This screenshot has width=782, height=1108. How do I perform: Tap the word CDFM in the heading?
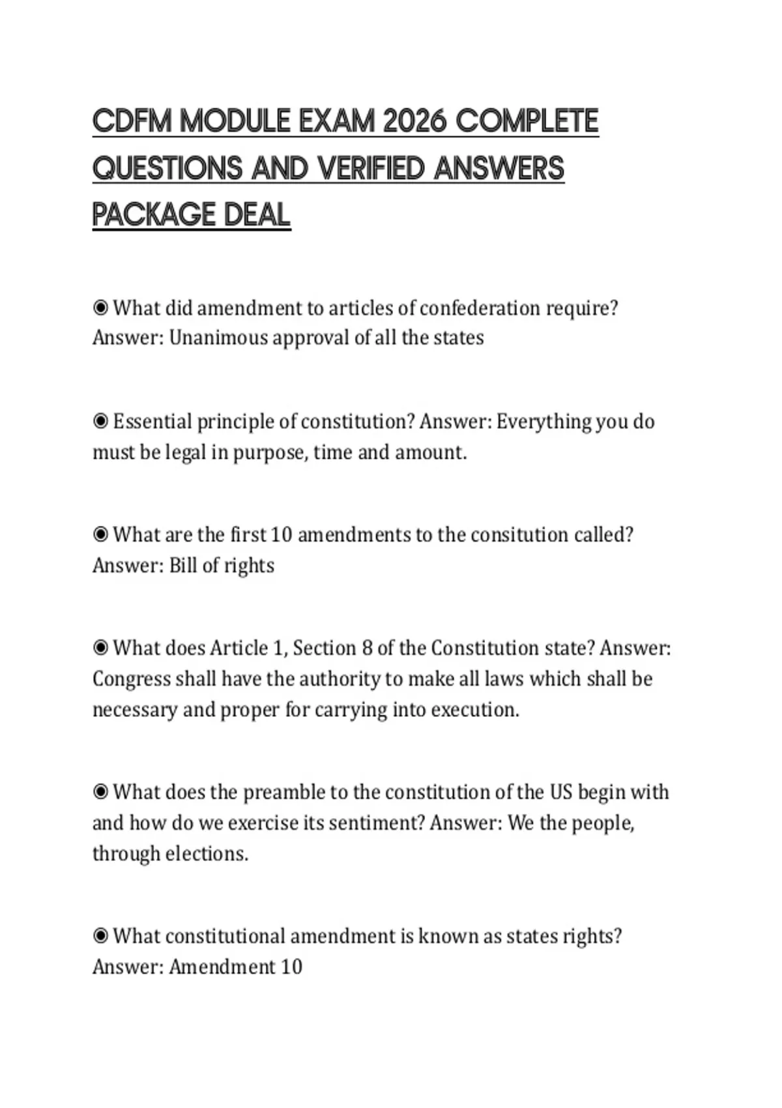132,121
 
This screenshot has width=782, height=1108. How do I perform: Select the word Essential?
152,422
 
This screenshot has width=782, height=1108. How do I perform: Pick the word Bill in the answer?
182,565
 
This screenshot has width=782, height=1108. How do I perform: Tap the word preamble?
284,793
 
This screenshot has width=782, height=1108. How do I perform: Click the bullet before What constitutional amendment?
100,937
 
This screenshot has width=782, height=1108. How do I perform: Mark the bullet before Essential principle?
100,422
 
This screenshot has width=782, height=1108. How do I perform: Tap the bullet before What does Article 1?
100,649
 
